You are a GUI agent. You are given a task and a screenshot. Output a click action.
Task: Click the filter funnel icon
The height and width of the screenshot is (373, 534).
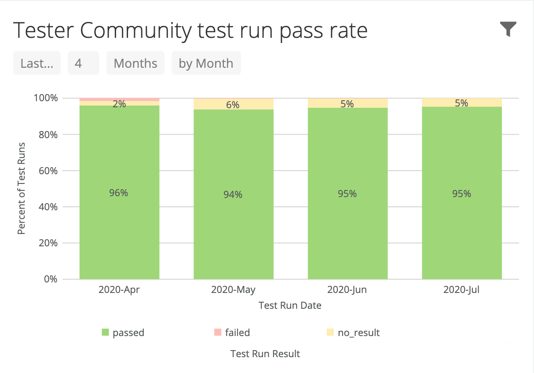click(x=508, y=29)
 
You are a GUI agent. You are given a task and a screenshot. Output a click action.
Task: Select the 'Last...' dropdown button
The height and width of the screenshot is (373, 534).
click(x=37, y=63)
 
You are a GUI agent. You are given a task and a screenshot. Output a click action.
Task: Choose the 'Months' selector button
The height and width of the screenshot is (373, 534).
click(x=135, y=63)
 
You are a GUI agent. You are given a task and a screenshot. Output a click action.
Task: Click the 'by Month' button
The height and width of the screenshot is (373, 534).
click(x=206, y=63)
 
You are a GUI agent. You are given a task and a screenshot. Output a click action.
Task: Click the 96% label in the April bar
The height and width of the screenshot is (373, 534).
click(x=119, y=193)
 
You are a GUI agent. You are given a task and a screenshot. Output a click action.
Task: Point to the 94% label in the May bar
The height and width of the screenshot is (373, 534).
click(x=233, y=194)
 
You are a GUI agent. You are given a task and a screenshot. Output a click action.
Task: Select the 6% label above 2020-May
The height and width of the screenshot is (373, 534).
click(x=233, y=105)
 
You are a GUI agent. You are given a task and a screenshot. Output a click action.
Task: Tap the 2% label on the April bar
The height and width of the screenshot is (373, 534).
click(x=119, y=104)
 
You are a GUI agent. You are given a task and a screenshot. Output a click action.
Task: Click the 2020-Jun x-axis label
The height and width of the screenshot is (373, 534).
click(x=347, y=290)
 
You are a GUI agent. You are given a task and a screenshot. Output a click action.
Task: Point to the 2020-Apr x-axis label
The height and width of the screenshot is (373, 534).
click(x=119, y=290)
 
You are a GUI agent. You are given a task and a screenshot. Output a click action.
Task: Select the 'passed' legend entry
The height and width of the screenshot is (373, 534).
click(x=123, y=333)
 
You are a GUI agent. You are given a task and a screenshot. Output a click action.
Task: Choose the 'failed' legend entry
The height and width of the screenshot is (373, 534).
click(x=232, y=333)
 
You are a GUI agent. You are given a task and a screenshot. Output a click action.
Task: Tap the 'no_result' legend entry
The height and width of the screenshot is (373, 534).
click(x=353, y=333)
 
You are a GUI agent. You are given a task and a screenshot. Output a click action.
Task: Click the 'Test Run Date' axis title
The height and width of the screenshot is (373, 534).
click(x=290, y=305)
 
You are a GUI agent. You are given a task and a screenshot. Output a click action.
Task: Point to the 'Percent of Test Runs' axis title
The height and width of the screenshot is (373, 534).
click(x=22, y=188)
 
